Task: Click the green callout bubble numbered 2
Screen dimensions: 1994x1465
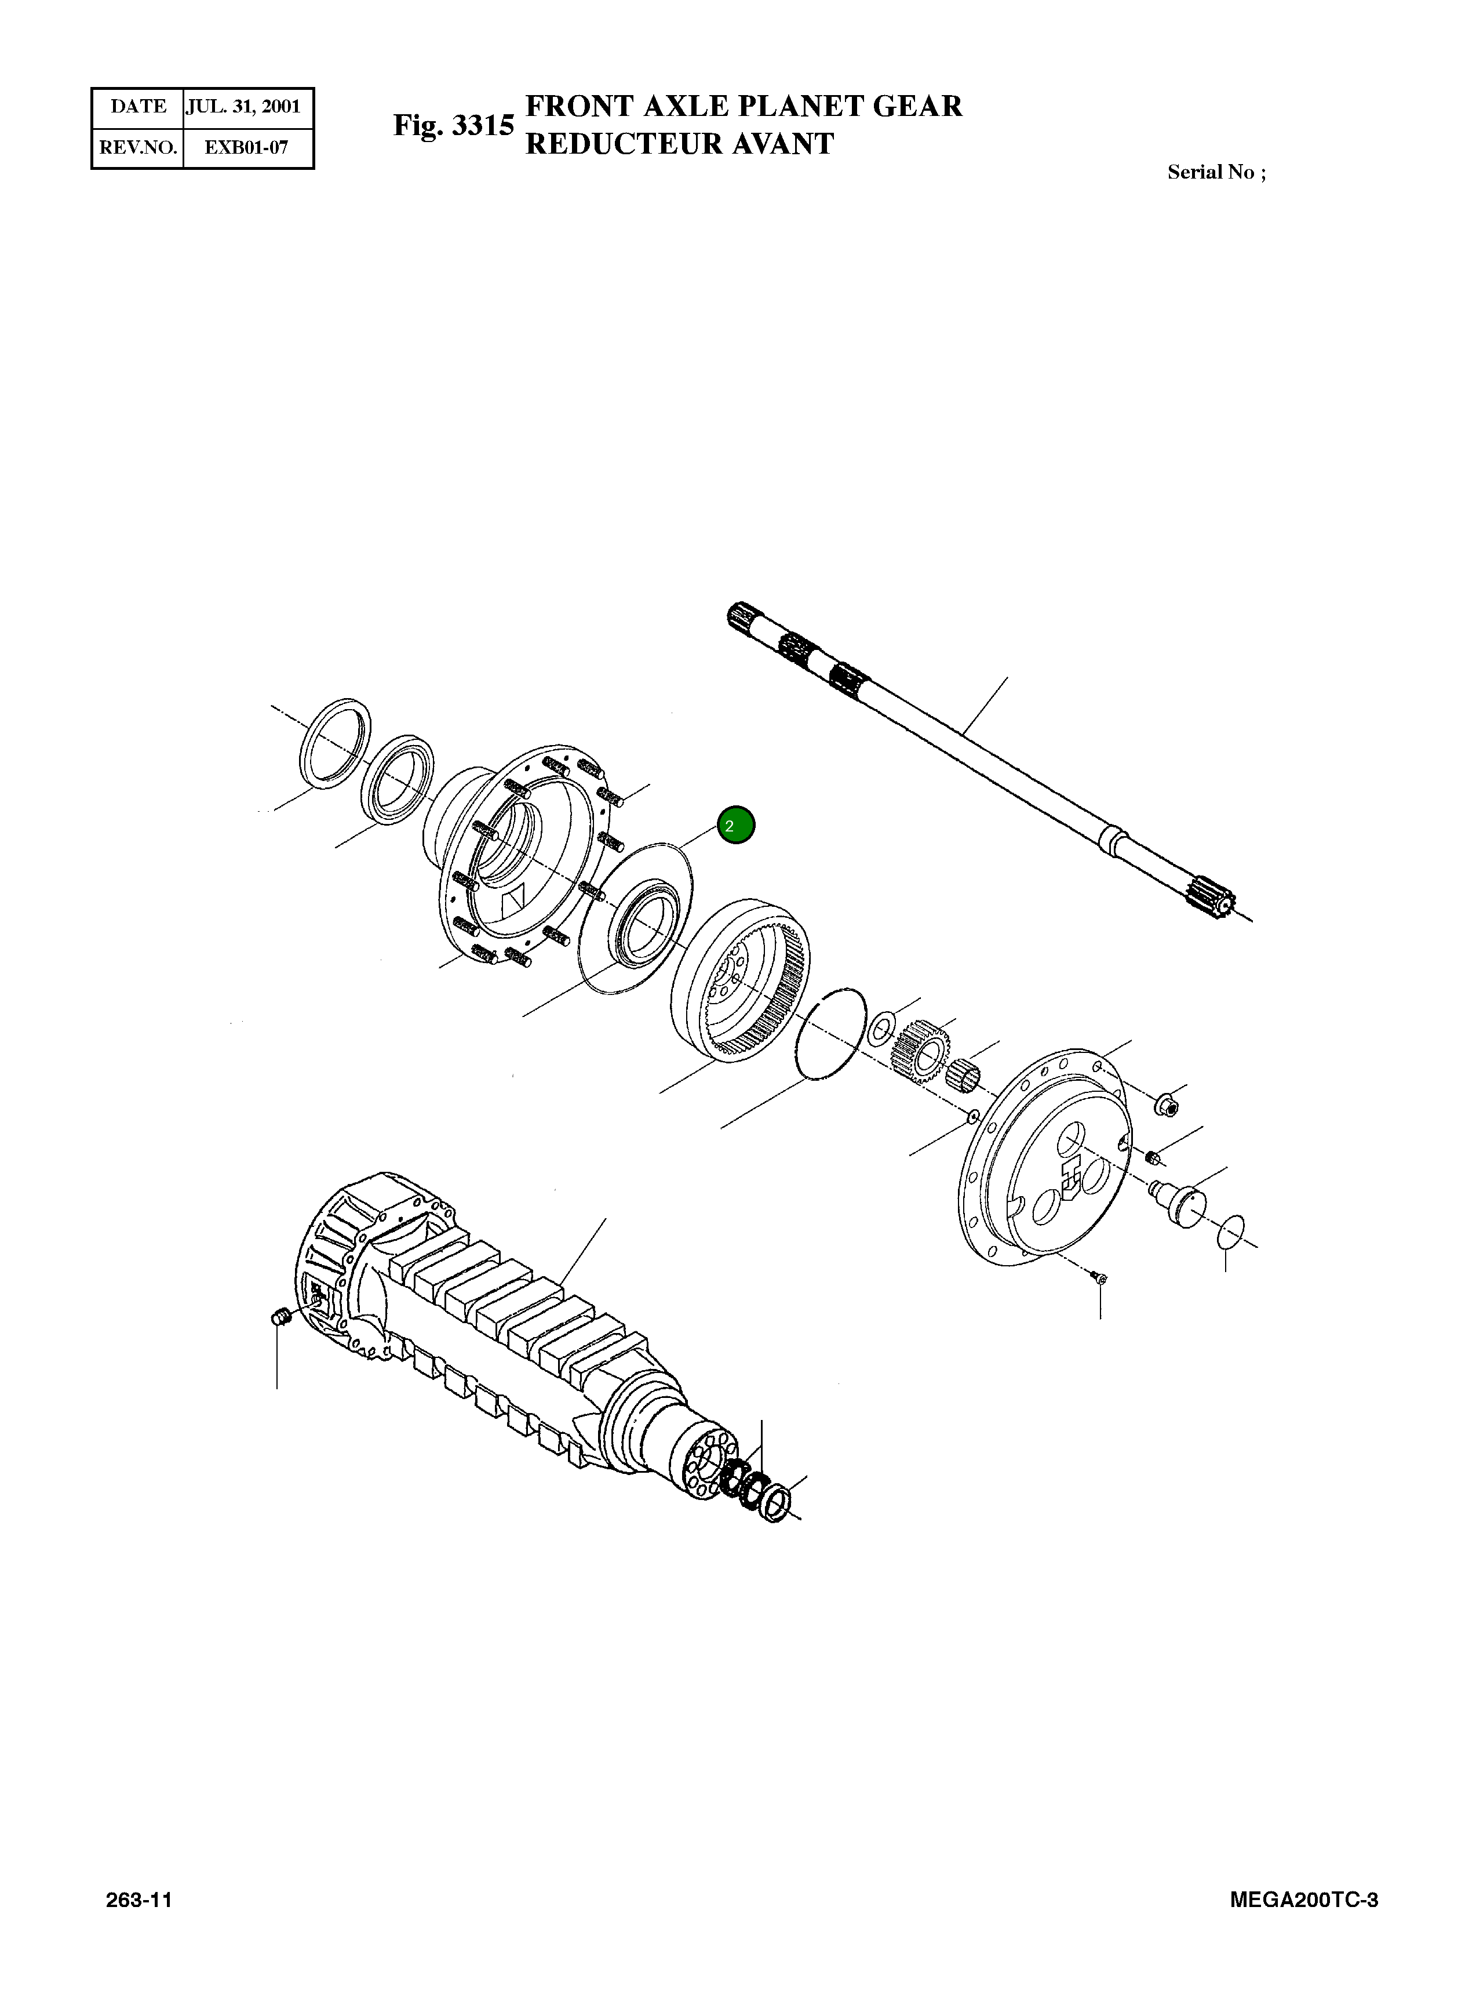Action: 735,825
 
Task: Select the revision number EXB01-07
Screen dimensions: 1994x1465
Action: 246,147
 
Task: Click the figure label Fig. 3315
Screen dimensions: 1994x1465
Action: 453,125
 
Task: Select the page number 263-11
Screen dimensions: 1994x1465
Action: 139,1899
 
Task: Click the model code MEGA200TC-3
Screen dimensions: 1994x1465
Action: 1303,1899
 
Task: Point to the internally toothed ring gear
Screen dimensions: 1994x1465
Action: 741,979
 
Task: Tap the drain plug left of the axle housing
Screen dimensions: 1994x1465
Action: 281,1317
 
